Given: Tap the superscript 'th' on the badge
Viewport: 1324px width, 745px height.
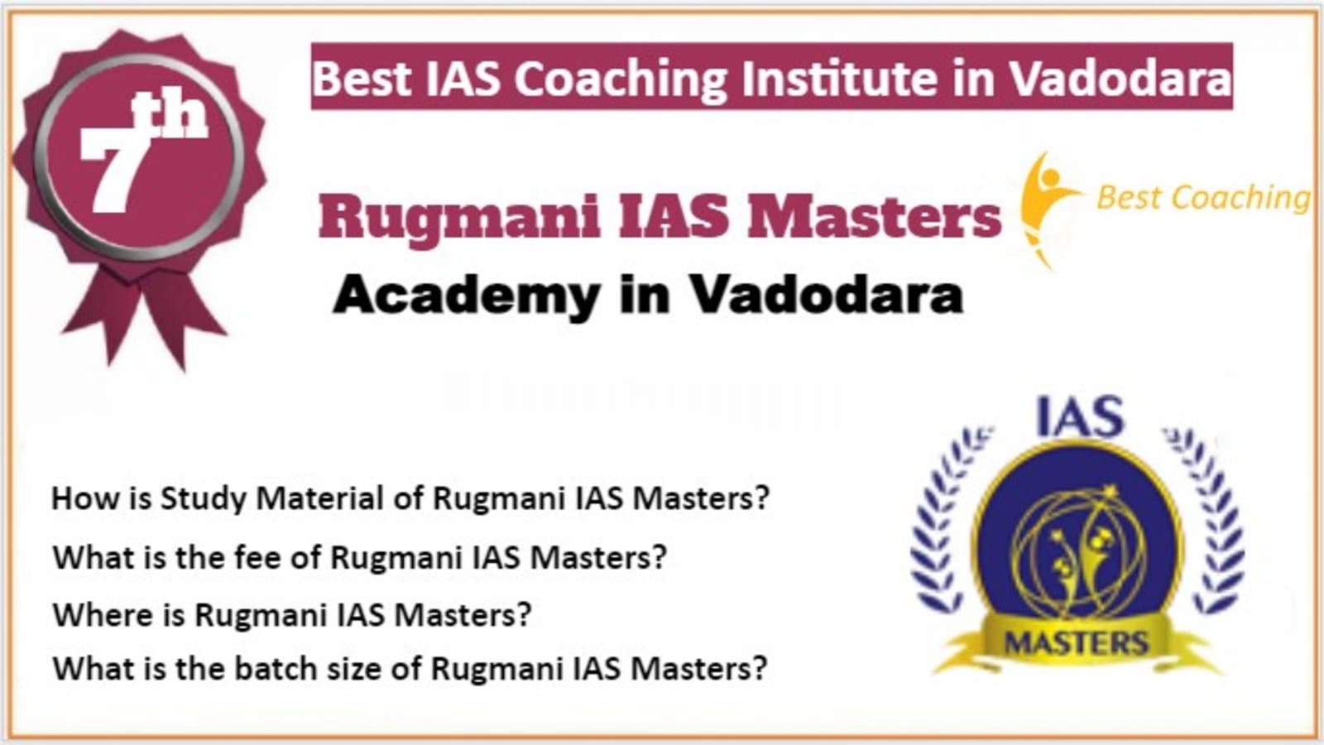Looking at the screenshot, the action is [x=170, y=115].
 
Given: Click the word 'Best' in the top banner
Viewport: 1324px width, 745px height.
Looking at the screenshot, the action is [x=361, y=78].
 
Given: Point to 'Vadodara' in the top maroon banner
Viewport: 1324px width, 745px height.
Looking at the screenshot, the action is [x=1120, y=78].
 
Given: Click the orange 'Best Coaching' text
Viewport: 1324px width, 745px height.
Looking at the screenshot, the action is [x=1203, y=198].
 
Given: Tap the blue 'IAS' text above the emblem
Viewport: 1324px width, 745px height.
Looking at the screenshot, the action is [x=1079, y=417].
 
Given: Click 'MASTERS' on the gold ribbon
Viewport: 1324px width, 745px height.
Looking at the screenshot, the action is [x=1077, y=642].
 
